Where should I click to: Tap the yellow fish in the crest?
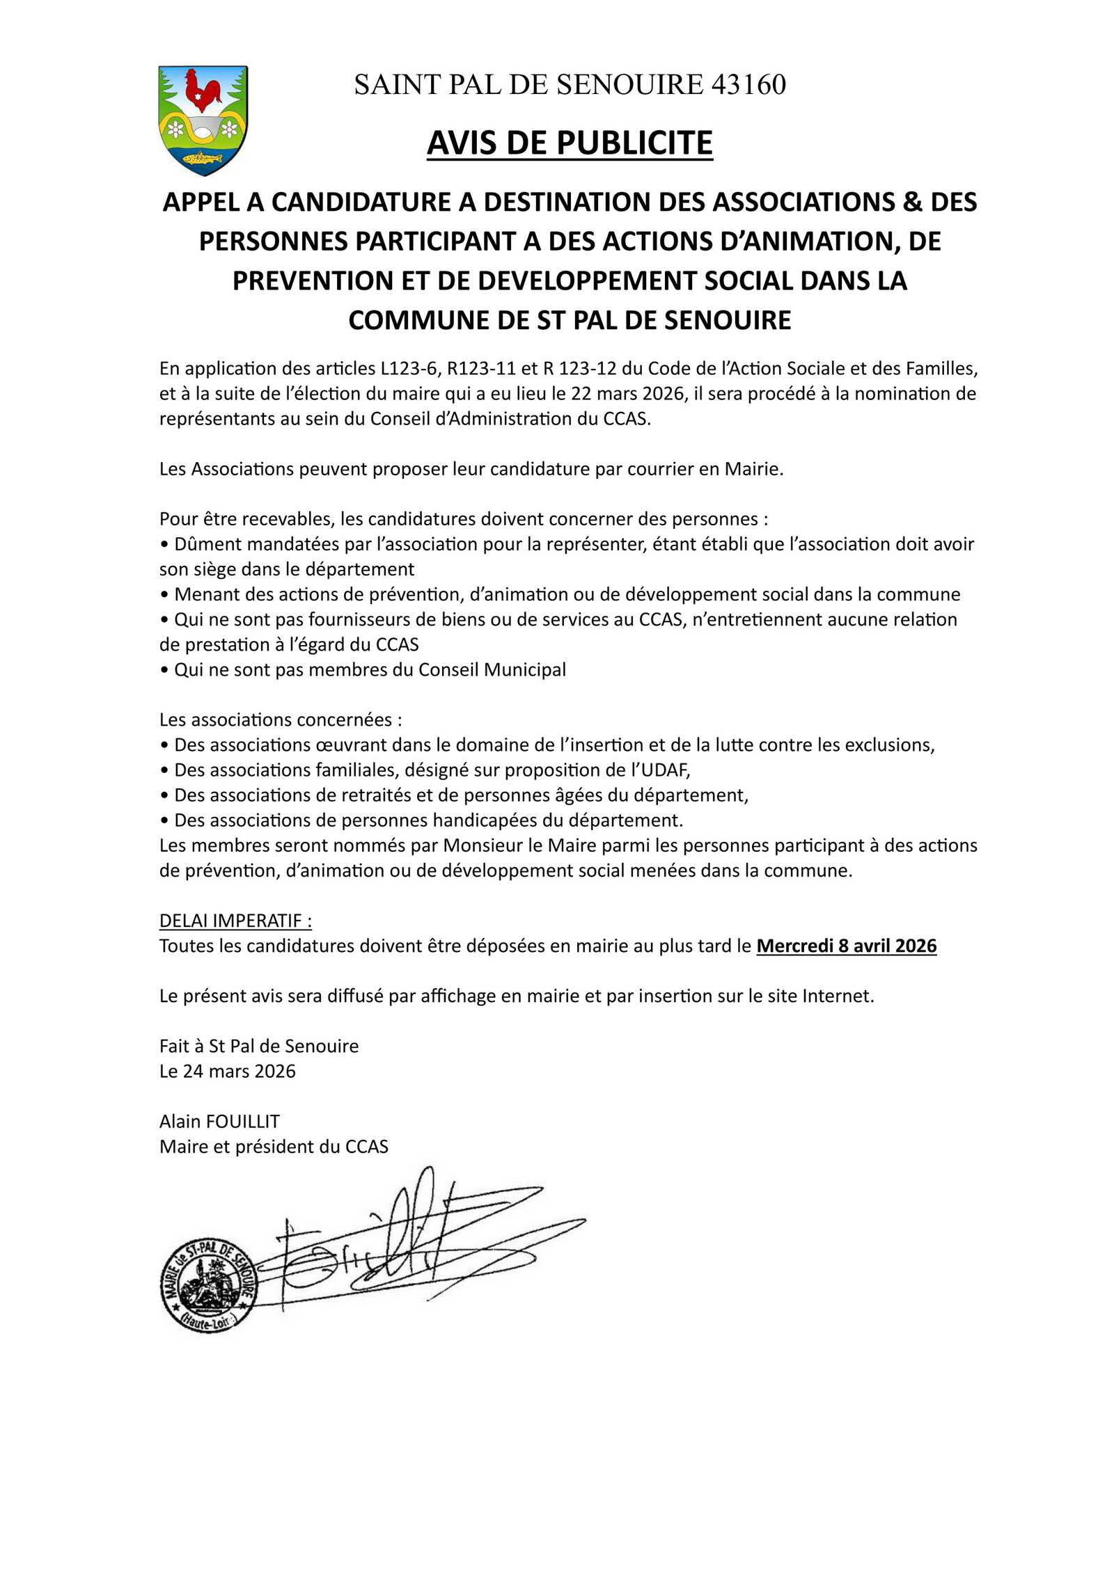pyautogui.click(x=202, y=157)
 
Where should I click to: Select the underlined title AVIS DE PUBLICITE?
pyautogui.click(x=570, y=143)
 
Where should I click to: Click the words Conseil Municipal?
pyautogui.click(x=492, y=669)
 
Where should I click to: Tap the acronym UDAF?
pyautogui.click(x=664, y=770)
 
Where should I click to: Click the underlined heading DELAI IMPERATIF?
pyautogui.click(x=235, y=921)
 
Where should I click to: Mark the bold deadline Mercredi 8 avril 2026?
pyautogui.click(x=846, y=946)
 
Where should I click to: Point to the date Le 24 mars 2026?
pyautogui.click(x=227, y=1071)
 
